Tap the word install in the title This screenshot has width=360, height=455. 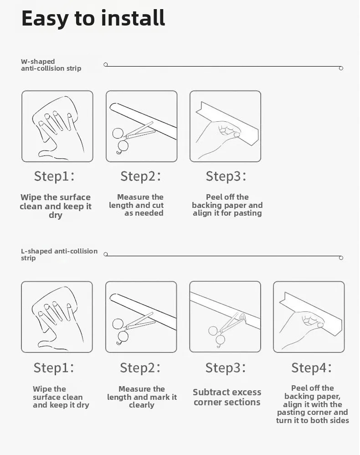point(133,18)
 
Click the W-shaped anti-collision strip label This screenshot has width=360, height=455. point(51,65)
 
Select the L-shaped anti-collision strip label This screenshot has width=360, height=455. point(59,254)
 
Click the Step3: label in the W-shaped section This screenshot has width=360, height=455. point(226,176)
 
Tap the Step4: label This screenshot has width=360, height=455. point(312,367)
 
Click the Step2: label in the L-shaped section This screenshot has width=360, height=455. point(140,367)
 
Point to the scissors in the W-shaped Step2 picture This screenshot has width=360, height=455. point(134,137)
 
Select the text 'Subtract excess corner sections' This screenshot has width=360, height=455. point(227,397)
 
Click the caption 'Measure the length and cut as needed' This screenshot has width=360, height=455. point(136,205)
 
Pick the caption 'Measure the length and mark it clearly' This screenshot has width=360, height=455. point(142,397)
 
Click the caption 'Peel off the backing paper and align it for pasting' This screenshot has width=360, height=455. point(227,205)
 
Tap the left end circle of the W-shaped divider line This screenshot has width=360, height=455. point(106,64)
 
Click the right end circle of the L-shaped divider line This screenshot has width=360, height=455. point(341,258)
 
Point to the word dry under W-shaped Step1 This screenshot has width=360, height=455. point(56,215)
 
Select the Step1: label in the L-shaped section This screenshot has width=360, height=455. point(54,367)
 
